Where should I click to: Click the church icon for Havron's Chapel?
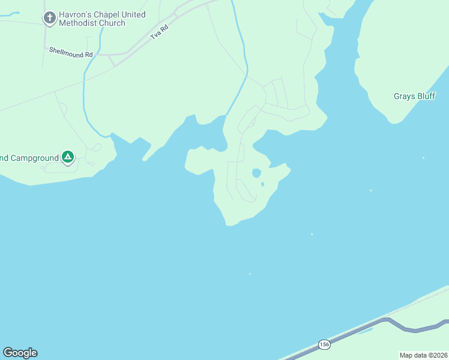50,19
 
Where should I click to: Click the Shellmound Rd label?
71,53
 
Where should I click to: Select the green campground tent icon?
68,157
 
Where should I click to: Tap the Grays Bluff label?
414,96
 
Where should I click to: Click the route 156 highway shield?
324,344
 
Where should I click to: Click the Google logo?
20,353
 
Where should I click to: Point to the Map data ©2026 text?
423,355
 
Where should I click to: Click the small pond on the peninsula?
256,173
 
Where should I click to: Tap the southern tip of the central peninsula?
229,224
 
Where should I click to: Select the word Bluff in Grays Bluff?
426,96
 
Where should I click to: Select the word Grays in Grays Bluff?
403,96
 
